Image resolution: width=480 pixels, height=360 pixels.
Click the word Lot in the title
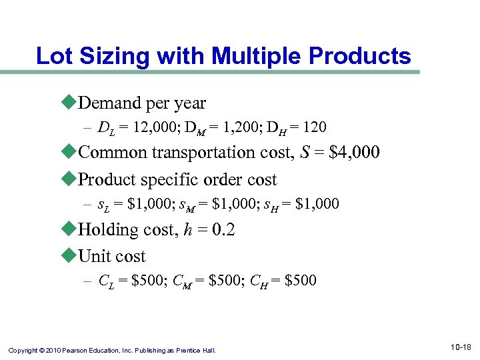pos(54,56)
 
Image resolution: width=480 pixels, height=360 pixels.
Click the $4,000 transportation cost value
pos(355,152)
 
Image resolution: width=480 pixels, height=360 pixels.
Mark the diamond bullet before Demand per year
pos(71,103)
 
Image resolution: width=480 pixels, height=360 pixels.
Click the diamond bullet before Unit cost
pos(71,256)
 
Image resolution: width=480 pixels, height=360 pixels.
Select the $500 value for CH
pos(301,281)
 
